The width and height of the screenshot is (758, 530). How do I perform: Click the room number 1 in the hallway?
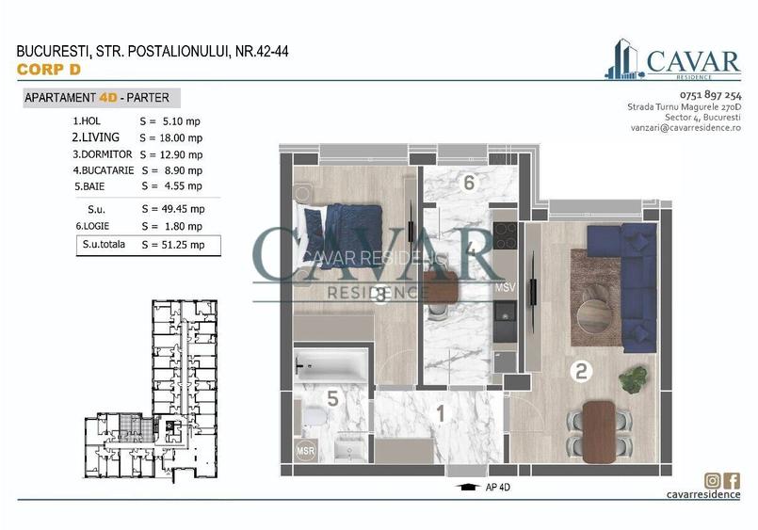(439, 411)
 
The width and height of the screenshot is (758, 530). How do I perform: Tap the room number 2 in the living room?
(581, 372)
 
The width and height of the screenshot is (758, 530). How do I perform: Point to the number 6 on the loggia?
(467, 182)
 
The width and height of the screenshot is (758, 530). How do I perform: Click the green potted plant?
(634, 379)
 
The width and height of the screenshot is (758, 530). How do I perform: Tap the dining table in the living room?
(598, 431)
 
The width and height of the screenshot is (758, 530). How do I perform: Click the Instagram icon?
(714, 479)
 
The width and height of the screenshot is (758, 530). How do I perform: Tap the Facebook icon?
(733, 479)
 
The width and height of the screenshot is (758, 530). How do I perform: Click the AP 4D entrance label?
(498, 488)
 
